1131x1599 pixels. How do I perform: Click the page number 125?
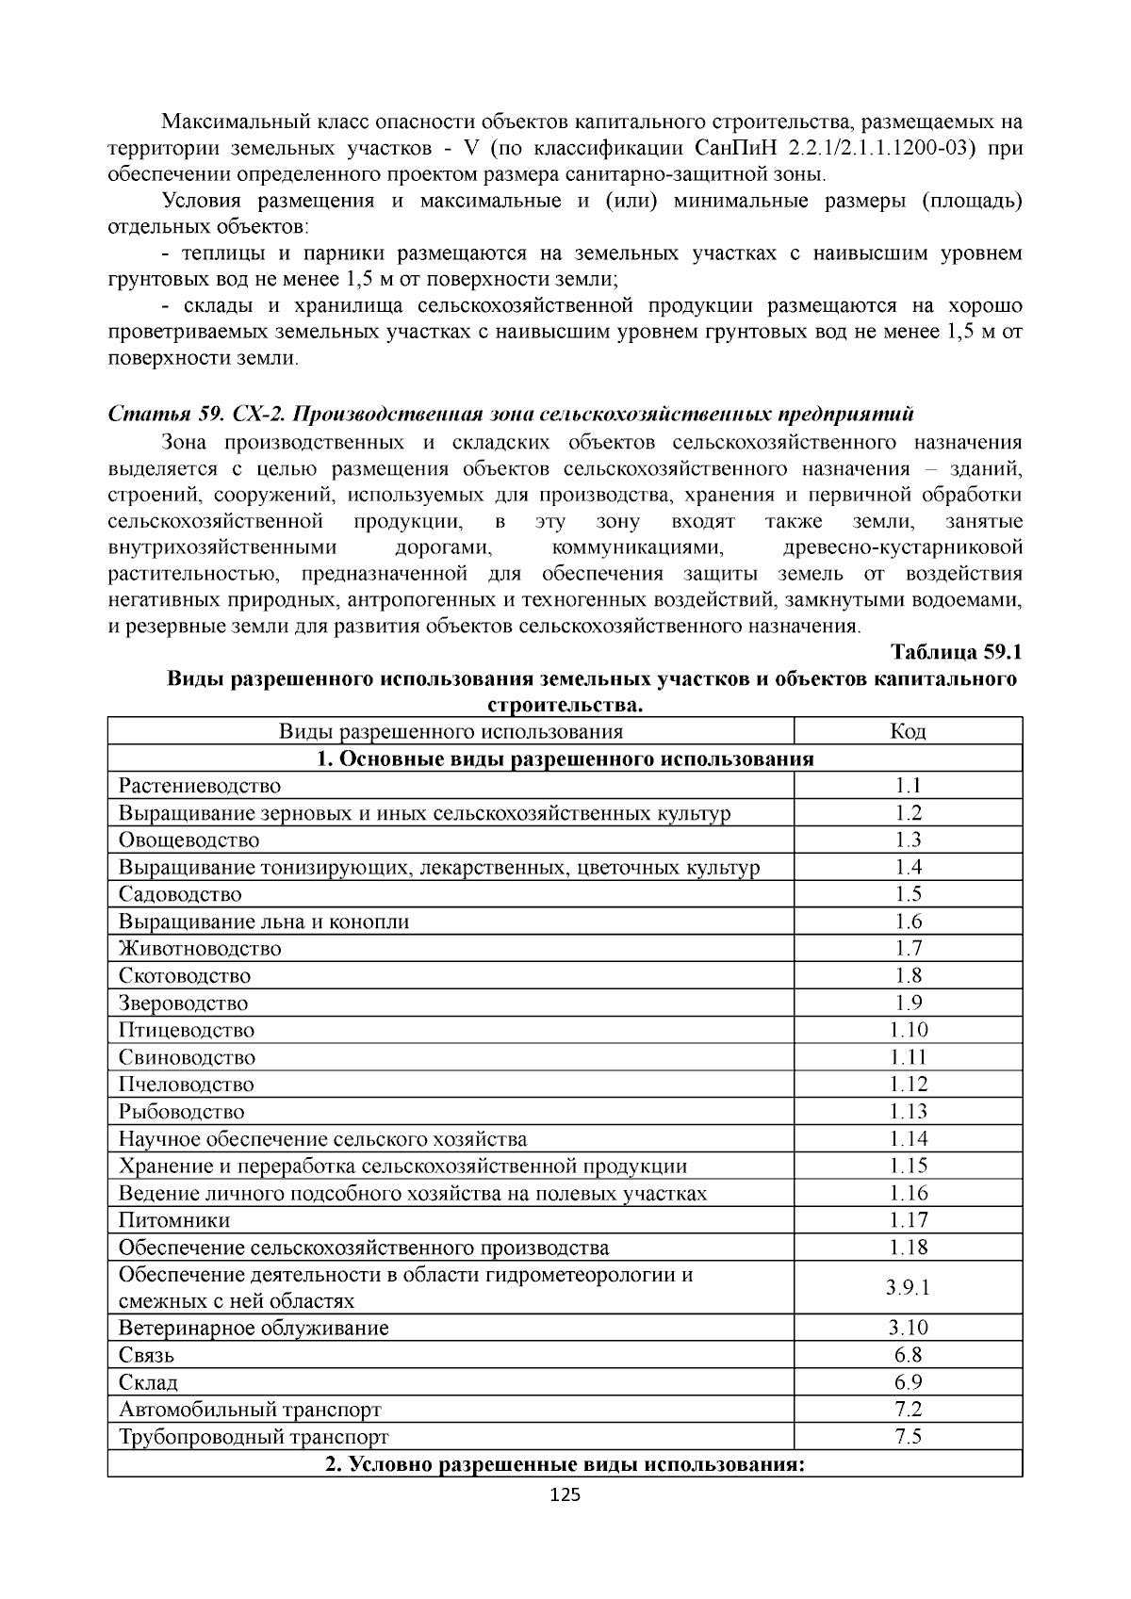point(565,1494)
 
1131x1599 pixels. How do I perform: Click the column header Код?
point(908,731)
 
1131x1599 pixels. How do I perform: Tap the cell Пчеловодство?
point(187,1085)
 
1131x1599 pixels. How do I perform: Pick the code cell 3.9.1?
point(908,1288)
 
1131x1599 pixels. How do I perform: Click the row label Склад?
point(149,1382)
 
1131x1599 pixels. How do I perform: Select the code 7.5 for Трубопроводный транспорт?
point(908,1437)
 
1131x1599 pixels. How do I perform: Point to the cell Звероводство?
point(184,1003)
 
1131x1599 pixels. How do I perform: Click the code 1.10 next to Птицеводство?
point(908,1030)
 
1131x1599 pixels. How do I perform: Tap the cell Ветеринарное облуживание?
point(254,1329)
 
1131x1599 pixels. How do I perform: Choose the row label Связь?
point(146,1356)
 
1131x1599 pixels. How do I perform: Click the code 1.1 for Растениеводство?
point(908,786)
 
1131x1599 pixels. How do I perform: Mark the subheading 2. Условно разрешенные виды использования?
point(565,1464)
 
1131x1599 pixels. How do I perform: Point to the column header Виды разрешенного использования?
point(451,731)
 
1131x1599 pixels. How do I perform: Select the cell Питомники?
point(174,1220)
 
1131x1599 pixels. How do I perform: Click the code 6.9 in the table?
point(908,1382)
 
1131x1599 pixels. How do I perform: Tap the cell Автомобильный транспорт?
point(250,1410)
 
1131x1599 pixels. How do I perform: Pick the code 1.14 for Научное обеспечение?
point(908,1139)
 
